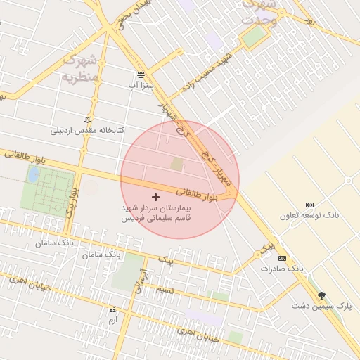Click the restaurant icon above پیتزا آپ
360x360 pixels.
[141, 74]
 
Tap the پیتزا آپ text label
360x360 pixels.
[141, 85]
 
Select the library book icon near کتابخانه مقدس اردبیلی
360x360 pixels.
[87, 120]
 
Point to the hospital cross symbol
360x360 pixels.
[155, 198]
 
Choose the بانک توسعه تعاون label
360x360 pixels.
[310, 215]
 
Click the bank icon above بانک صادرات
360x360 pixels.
[282, 258]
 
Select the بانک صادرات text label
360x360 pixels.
[281, 269]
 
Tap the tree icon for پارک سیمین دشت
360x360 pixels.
[322, 295]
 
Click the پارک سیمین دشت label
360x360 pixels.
[322, 307]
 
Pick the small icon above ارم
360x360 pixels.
[112, 309]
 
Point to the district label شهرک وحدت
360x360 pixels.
[260, 13]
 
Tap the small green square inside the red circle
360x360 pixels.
[176, 164]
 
